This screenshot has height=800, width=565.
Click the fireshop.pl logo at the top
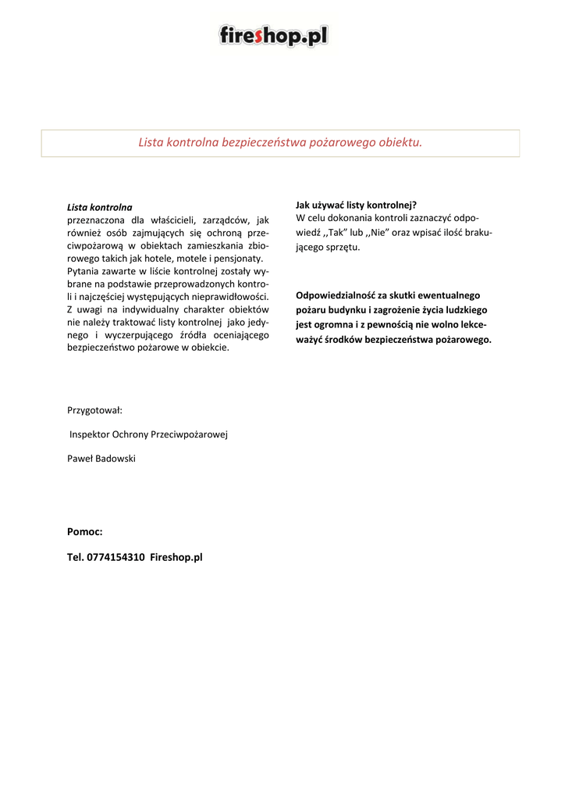coord(273,35)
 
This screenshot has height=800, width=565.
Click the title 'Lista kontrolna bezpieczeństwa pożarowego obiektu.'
coord(280,142)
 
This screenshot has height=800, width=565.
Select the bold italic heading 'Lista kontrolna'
coord(99,208)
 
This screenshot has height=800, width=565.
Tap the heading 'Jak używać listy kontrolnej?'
coord(356,205)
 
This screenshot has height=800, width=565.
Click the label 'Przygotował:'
coord(94,409)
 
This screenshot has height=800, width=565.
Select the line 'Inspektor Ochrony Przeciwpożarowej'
coord(148,434)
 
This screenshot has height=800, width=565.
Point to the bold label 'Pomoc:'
coord(85,531)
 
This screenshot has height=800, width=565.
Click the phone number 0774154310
coord(115,557)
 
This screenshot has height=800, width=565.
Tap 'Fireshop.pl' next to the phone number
coord(176,557)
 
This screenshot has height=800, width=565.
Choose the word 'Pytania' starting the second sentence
coord(84,271)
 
